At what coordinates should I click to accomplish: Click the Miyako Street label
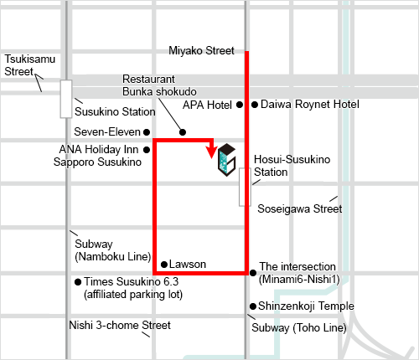pos(201,51)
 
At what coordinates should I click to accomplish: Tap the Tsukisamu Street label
pos(28,65)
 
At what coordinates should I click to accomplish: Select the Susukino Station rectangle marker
pos(66,98)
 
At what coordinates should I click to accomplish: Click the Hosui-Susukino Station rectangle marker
pos(245,186)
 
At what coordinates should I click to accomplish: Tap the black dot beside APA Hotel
pos(239,105)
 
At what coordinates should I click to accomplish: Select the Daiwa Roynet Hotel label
pos(309,105)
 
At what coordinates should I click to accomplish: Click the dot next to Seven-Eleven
pos(147,131)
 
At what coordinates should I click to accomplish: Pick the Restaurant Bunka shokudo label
pos(159,84)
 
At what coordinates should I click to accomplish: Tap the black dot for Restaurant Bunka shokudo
pos(183,132)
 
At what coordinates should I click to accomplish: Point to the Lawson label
pos(188,264)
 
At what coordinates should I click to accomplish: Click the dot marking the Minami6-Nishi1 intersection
pos(252,272)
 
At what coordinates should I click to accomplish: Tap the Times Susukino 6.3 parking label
pos(133,288)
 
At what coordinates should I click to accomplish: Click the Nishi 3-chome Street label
pos(121,326)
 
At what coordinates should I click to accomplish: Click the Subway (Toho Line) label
pos(298,327)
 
